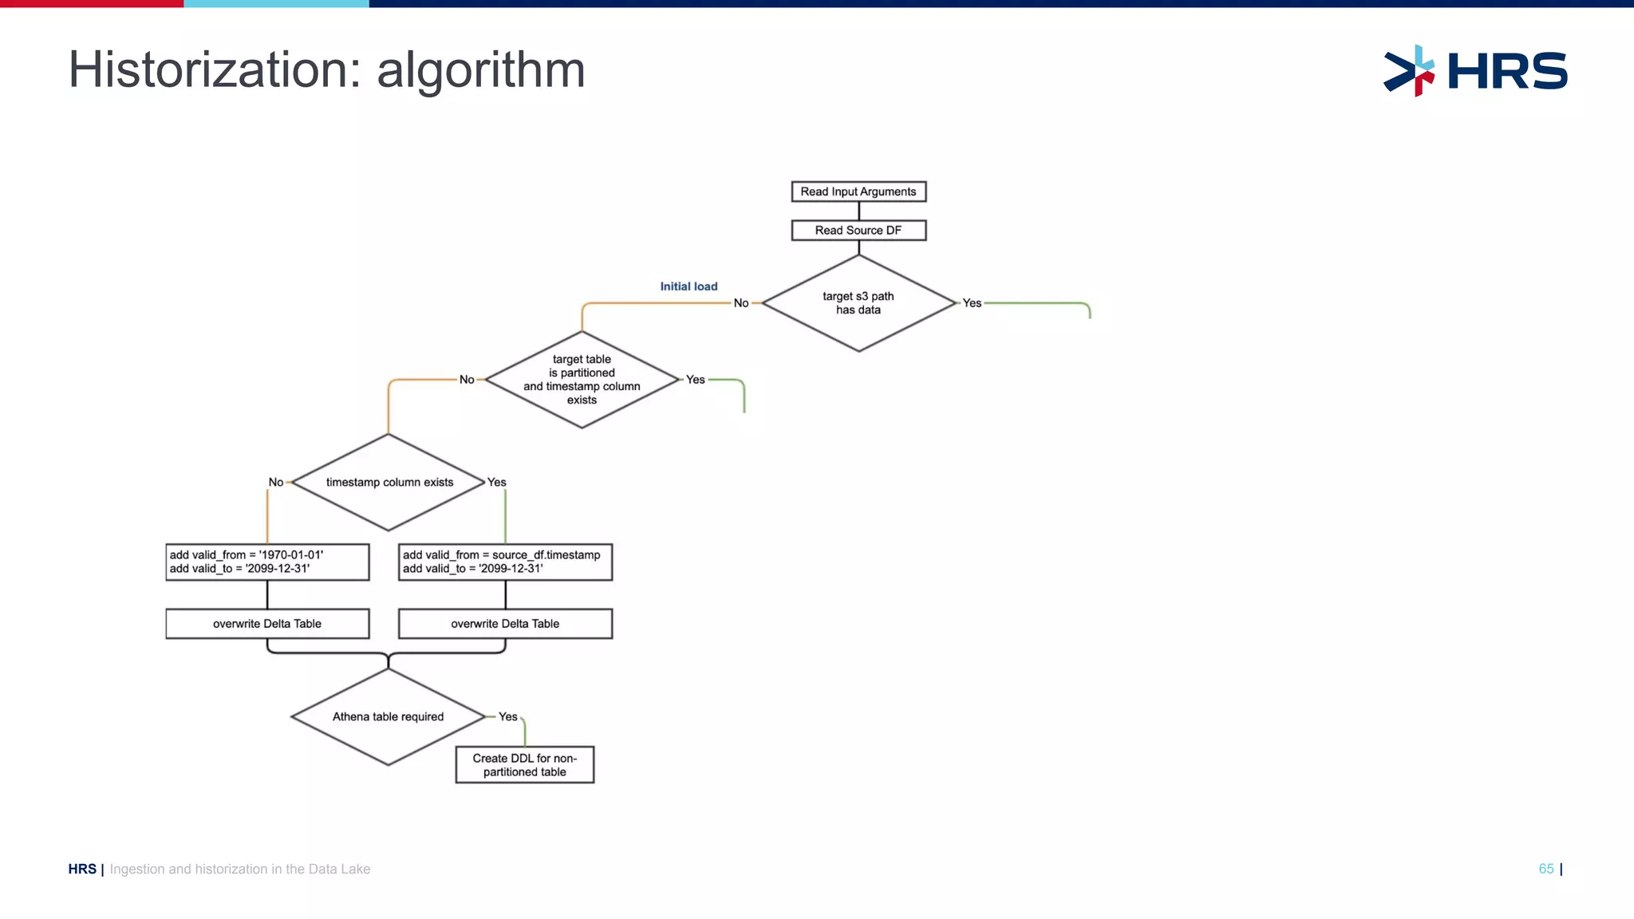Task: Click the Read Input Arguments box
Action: [858, 191]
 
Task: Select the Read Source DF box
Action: [858, 231]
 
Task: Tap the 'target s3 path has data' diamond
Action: [858, 303]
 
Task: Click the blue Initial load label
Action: [689, 286]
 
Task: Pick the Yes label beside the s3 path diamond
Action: [972, 303]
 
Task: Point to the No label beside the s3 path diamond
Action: [741, 303]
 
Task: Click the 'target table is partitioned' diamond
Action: [582, 380]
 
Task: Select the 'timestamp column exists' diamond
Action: [389, 483]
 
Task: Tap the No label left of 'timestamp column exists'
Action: [276, 483]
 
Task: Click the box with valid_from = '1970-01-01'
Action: [267, 562]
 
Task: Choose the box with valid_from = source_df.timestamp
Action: [505, 562]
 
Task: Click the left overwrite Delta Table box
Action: [267, 624]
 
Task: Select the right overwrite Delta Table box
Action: [505, 624]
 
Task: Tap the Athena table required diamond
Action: [389, 716]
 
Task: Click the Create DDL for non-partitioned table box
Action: [524, 765]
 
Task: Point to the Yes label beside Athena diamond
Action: [508, 716]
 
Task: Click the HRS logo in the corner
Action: [1476, 71]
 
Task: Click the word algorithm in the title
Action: [480, 70]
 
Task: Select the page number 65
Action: [1546, 869]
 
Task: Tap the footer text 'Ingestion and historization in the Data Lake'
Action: [239, 869]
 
